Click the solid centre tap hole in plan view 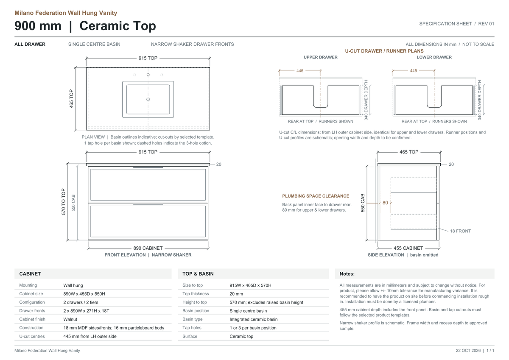click(148, 75)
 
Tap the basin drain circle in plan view click(148, 100)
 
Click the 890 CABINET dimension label click(148, 248)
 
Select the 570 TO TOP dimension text click(63, 202)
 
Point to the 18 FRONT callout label click(460, 231)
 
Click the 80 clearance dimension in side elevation click(385, 203)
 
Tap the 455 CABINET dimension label click(408, 248)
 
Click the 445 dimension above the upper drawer click(300, 71)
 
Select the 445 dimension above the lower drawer click(413, 71)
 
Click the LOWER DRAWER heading click(434, 57)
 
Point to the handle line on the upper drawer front click(148, 167)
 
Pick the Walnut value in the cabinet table click(70, 319)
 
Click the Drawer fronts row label click(32, 311)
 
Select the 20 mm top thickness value click(236, 294)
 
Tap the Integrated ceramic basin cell click(253, 319)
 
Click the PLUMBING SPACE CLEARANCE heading click(316, 196)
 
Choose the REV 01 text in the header click(486, 24)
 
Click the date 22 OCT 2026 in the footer click(468, 351)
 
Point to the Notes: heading click(347, 274)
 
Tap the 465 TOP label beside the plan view click(71, 98)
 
